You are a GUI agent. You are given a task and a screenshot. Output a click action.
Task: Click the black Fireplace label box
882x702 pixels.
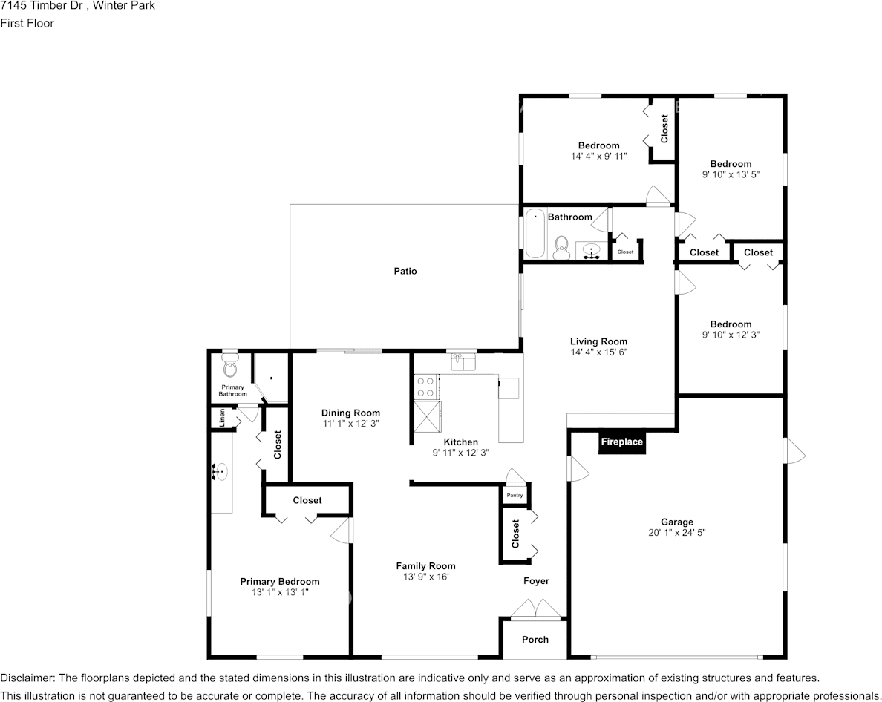coord(621,442)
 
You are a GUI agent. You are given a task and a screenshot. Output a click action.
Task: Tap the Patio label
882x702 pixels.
coord(405,271)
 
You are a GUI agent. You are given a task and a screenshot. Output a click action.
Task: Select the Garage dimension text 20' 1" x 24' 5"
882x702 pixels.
coord(677,533)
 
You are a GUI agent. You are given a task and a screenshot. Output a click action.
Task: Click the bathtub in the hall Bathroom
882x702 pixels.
coord(535,234)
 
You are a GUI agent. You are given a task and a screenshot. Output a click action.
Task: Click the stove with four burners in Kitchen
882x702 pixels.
coord(426,387)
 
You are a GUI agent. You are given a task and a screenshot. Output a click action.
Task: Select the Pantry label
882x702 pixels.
coord(514,495)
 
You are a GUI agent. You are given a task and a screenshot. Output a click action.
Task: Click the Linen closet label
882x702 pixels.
coord(221,418)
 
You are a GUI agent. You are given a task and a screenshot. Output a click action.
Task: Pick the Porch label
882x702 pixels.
coord(535,639)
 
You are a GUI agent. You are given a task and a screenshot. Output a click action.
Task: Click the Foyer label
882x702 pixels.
coord(536,581)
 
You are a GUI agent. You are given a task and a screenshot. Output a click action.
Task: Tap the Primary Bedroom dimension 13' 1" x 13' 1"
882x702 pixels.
coord(280,592)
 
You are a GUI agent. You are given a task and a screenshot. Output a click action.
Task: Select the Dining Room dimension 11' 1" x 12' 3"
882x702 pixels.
coord(350,424)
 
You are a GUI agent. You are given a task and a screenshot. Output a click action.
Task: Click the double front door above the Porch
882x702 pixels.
coord(535,610)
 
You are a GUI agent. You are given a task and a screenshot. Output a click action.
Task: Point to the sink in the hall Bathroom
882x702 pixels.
coord(592,250)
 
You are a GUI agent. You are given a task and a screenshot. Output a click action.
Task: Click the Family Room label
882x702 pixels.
coord(425,565)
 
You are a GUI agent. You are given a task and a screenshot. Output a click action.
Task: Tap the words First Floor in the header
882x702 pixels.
coord(27,23)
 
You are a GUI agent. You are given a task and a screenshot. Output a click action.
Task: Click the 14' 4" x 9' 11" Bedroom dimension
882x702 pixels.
coord(599,157)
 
